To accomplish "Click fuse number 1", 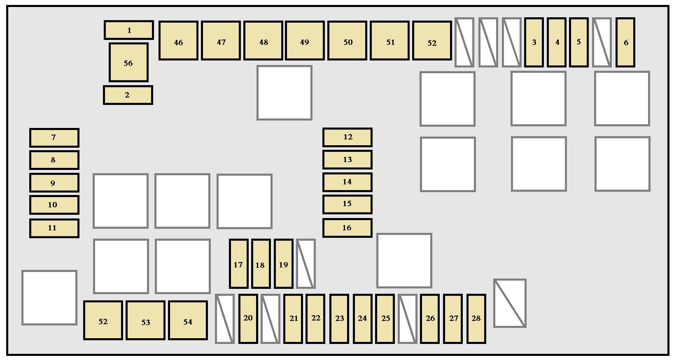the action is (129, 30).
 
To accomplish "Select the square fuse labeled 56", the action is (128, 62).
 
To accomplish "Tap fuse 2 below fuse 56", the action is (128, 95).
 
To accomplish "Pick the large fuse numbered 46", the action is (178, 41).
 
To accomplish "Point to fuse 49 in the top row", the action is (305, 41).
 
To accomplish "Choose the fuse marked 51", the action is (389, 41).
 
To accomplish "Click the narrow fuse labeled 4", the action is (557, 42).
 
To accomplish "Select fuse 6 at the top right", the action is (625, 42).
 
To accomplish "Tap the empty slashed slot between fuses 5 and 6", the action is (602, 42).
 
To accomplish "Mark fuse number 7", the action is (54, 138).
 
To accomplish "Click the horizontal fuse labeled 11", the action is (54, 228).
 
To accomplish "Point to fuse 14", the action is (347, 182).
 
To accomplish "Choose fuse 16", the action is (347, 228).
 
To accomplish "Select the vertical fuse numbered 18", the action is (261, 264).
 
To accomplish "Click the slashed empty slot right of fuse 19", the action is (306, 264).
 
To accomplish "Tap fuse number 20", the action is (248, 319).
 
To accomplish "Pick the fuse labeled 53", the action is (145, 321).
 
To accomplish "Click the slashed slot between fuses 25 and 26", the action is (408, 319).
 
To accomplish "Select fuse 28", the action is (476, 319).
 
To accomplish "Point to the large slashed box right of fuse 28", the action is (510, 303).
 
